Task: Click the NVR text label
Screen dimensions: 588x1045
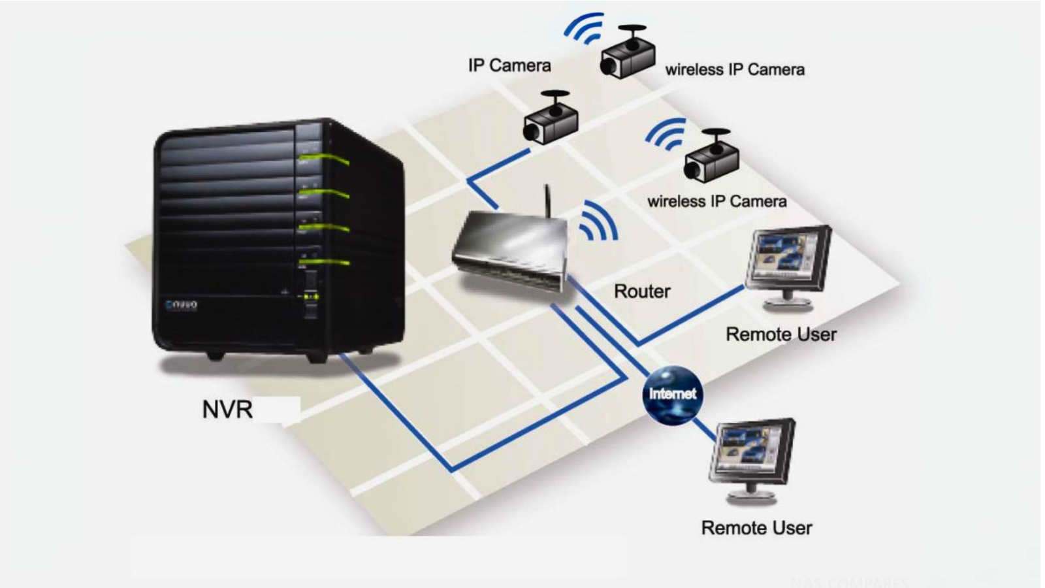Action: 227,410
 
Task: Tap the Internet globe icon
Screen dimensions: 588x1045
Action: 672,394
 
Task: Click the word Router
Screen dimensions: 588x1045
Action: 641,291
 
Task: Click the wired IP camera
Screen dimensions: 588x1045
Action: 551,120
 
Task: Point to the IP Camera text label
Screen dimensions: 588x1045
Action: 509,65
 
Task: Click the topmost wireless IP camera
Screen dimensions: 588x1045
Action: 628,54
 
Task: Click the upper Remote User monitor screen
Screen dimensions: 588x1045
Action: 784,257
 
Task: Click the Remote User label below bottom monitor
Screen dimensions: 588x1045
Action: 756,528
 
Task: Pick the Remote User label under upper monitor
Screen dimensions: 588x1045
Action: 780,335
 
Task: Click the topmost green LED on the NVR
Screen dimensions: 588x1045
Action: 325,158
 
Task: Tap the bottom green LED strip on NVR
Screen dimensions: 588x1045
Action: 325,263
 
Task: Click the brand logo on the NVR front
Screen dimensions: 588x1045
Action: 181,304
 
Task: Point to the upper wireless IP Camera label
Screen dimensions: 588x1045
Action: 734,70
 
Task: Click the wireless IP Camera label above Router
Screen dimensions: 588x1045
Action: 716,201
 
